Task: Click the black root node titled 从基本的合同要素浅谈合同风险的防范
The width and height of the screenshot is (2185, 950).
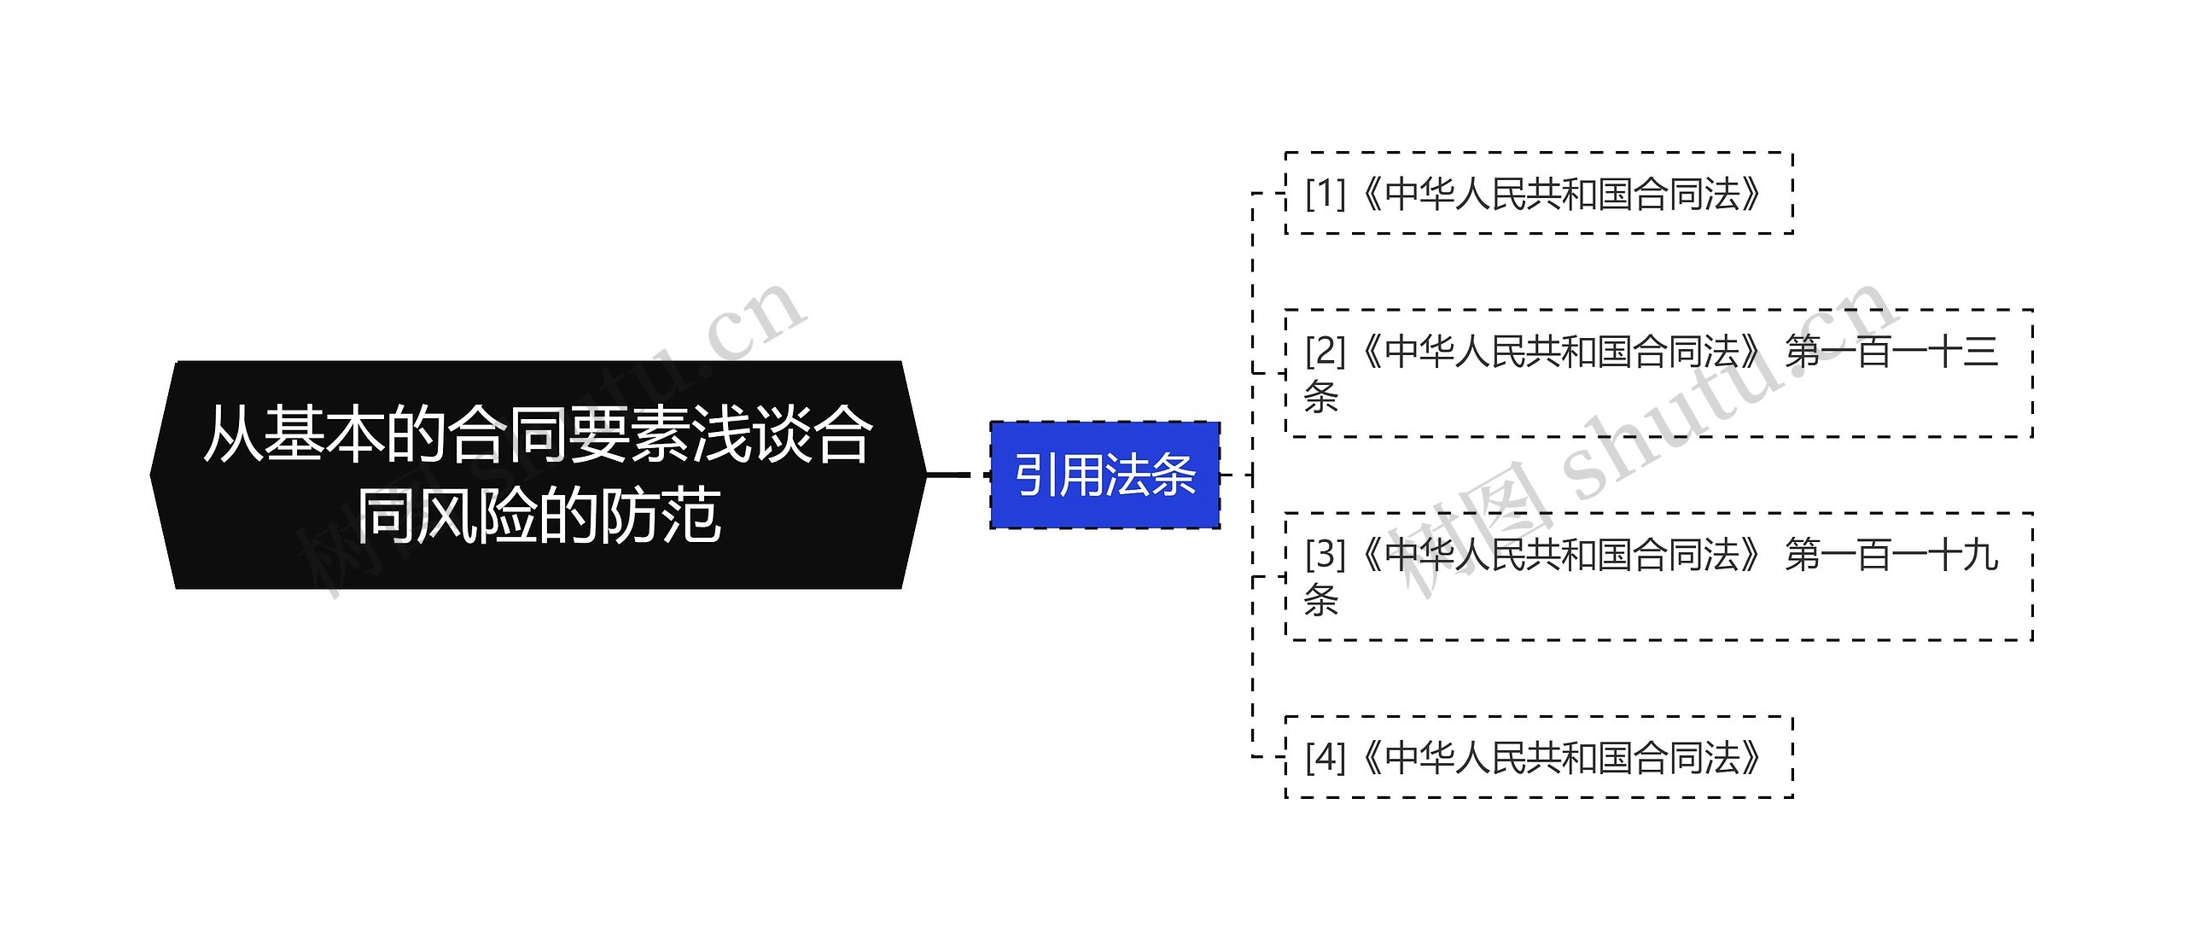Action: coord(538,475)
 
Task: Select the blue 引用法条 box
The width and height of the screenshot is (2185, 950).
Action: coord(1104,475)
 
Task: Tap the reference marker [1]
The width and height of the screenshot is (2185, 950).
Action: coord(1325,194)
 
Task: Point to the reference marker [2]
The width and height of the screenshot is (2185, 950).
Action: coord(1325,351)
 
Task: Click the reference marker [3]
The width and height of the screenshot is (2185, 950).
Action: coord(1325,555)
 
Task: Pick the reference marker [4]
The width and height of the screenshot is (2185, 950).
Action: coord(1325,757)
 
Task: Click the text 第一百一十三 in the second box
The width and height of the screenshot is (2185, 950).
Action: coord(1891,352)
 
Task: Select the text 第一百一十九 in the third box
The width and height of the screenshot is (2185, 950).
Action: coord(1891,555)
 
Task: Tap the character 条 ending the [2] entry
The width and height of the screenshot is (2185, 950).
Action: coord(1320,397)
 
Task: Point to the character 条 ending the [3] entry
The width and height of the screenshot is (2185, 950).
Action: coord(1320,600)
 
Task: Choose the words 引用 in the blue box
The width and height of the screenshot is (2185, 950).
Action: coord(1058,475)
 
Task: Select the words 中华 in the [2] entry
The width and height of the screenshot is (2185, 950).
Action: coord(1419,352)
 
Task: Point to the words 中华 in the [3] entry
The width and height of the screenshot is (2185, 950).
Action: coord(1419,555)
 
